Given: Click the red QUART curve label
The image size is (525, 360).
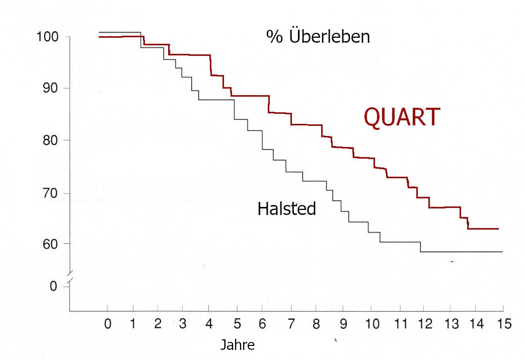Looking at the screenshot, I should (402, 118).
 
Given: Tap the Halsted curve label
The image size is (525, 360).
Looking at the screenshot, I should (286, 208).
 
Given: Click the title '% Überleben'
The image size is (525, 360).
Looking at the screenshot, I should (318, 37).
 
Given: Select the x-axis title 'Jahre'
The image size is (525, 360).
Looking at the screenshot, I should (238, 345).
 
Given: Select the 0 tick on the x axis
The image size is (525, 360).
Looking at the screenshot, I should (108, 325).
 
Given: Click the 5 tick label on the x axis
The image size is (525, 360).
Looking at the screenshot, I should (238, 325).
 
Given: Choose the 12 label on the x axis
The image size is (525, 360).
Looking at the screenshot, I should (425, 325).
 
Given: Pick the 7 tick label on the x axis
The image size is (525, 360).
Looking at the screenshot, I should (290, 325).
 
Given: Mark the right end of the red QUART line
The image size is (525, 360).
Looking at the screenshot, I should (498, 229).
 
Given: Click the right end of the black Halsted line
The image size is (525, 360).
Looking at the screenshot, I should (502, 251).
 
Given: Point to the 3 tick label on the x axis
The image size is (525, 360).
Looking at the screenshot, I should (183, 325).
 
